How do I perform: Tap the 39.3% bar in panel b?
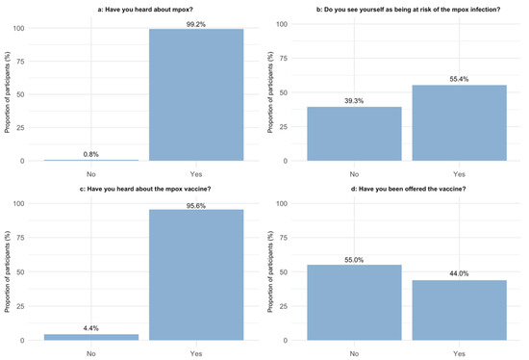click(x=354, y=134)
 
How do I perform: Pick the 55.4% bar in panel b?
click(x=459, y=122)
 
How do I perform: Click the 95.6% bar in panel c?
click(x=195, y=275)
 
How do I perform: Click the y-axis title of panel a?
click(x=8, y=93)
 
